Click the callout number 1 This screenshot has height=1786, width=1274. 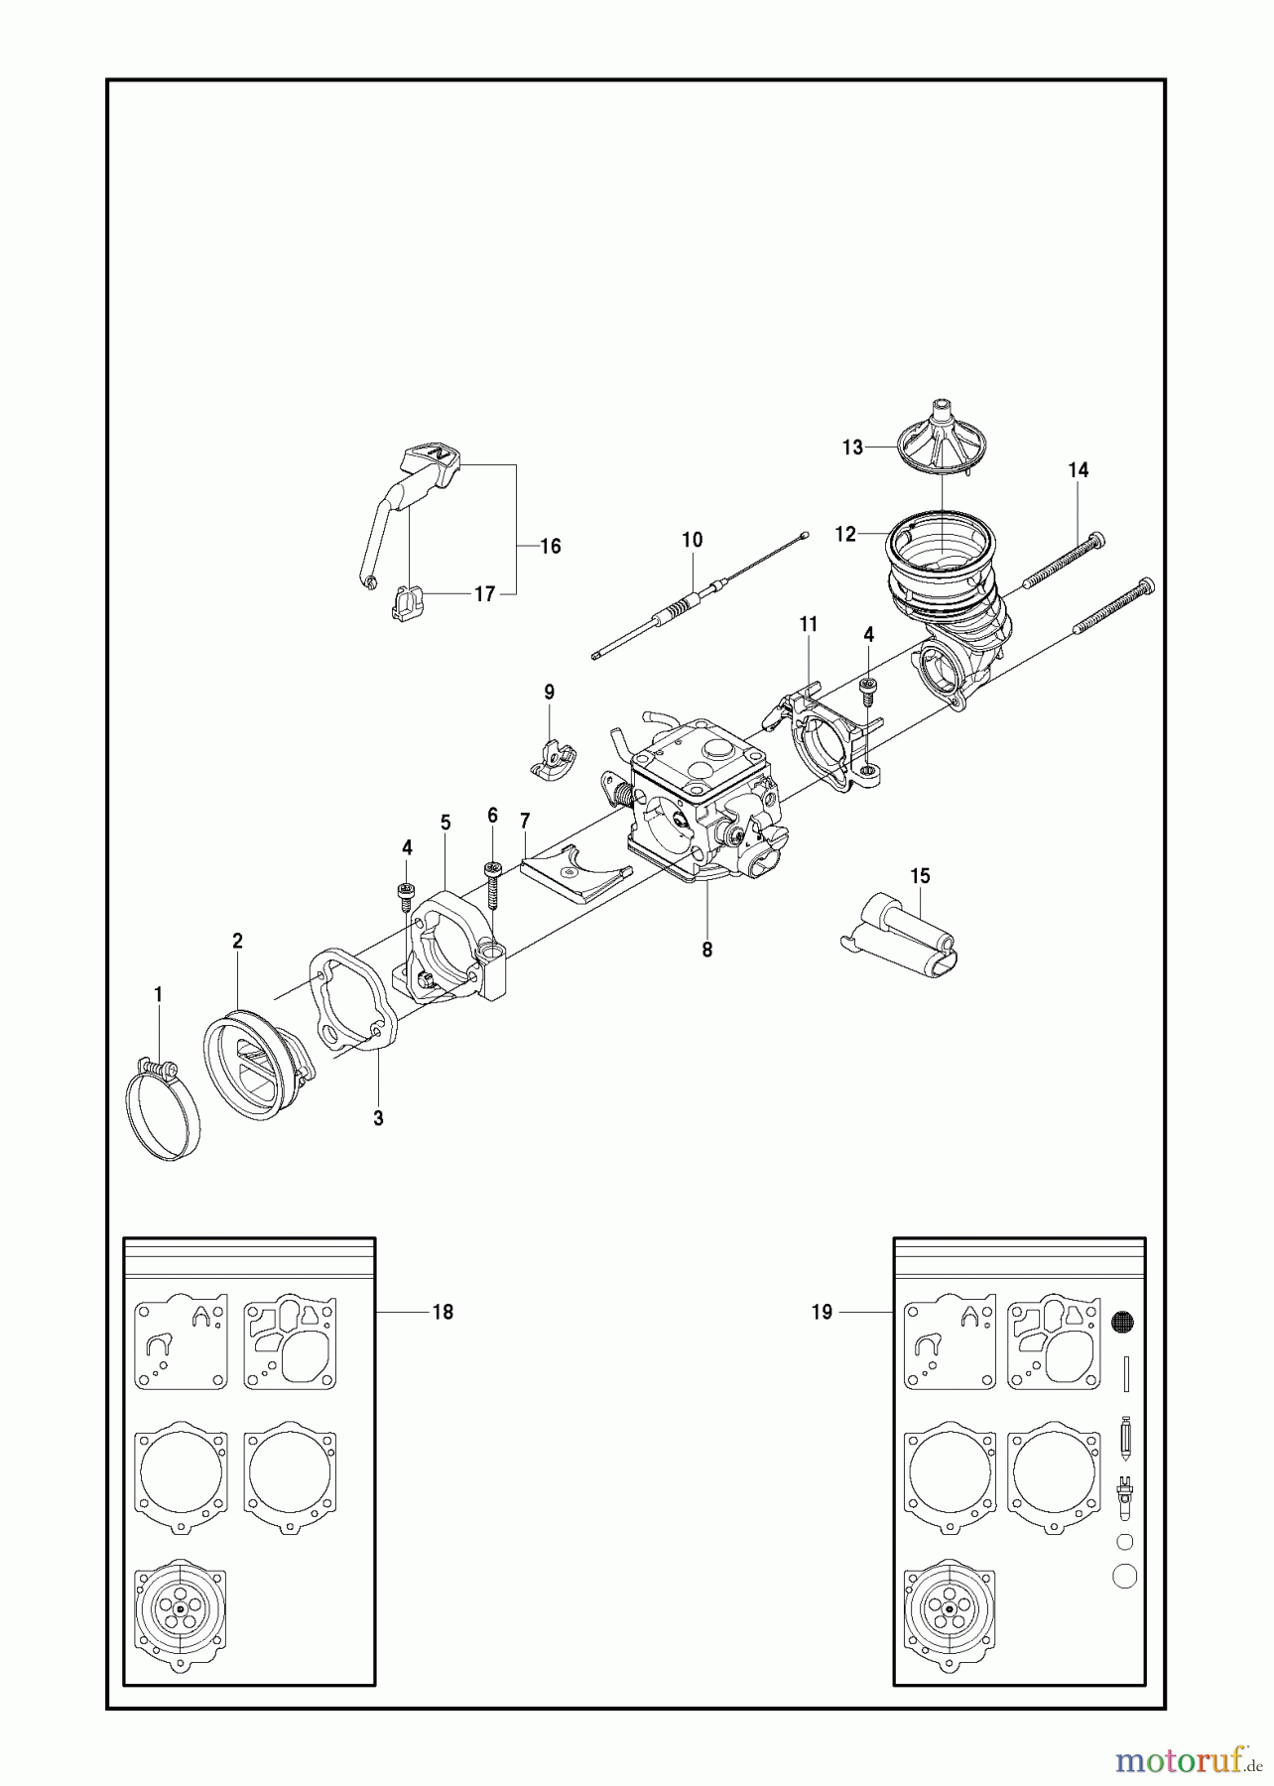click(x=158, y=993)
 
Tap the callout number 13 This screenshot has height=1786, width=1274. click(x=852, y=447)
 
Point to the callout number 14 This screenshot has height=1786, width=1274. click(x=1079, y=470)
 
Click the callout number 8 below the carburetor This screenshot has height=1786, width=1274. click(x=706, y=950)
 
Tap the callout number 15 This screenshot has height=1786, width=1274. click(x=920, y=875)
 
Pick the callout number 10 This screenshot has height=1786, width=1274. click(x=692, y=540)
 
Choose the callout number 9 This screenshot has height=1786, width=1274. click(x=549, y=692)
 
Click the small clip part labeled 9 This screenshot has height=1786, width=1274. click(x=551, y=761)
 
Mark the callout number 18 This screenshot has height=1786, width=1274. click(x=443, y=1312)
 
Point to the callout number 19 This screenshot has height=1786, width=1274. click(x=822, y=1312)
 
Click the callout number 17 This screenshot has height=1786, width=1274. click(x=484, y=594)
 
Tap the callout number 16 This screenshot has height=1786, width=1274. click(x=550, y=546)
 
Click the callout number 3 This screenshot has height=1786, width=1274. click(x=378, y=1118)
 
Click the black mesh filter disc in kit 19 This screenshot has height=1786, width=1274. click(x=1123, y=1322)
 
